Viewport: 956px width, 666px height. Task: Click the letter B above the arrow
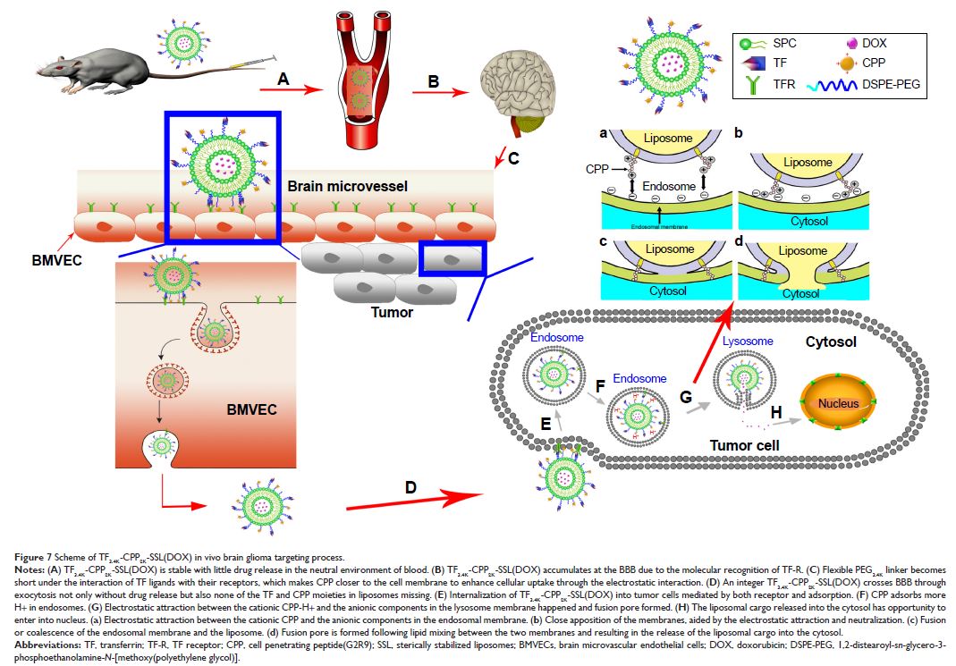tap(434, 80)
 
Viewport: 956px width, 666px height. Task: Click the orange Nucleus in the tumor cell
tap(836, 404)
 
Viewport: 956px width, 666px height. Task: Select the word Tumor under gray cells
tap(391, 312)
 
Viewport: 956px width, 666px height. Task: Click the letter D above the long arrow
tap(410, 487)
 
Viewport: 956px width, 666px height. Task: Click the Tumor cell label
tap(746, 445)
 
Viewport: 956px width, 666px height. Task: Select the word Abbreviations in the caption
tap(39, 643)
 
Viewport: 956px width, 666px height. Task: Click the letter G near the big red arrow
tap(686, 395)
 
